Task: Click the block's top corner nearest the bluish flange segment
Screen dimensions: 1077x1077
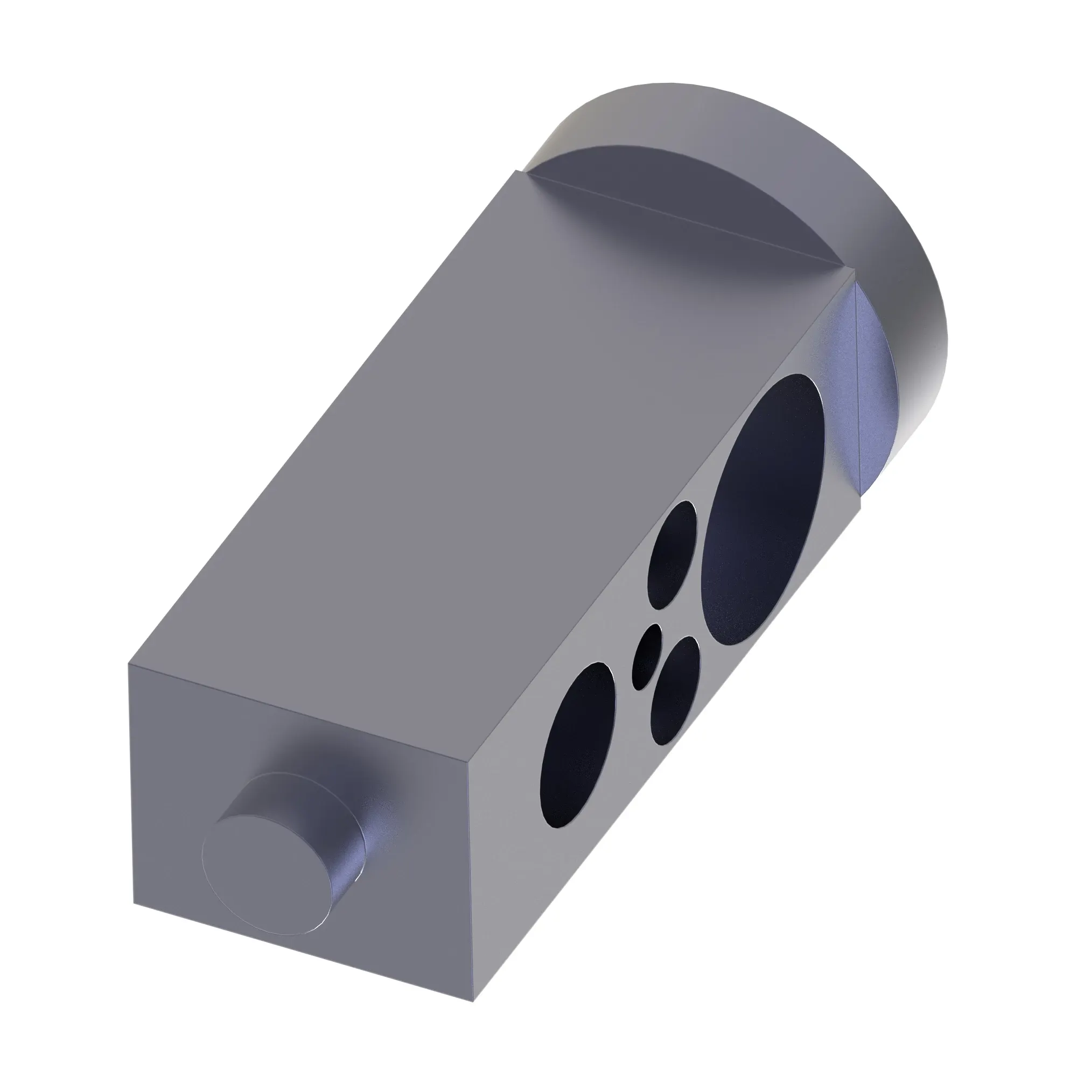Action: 854,271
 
